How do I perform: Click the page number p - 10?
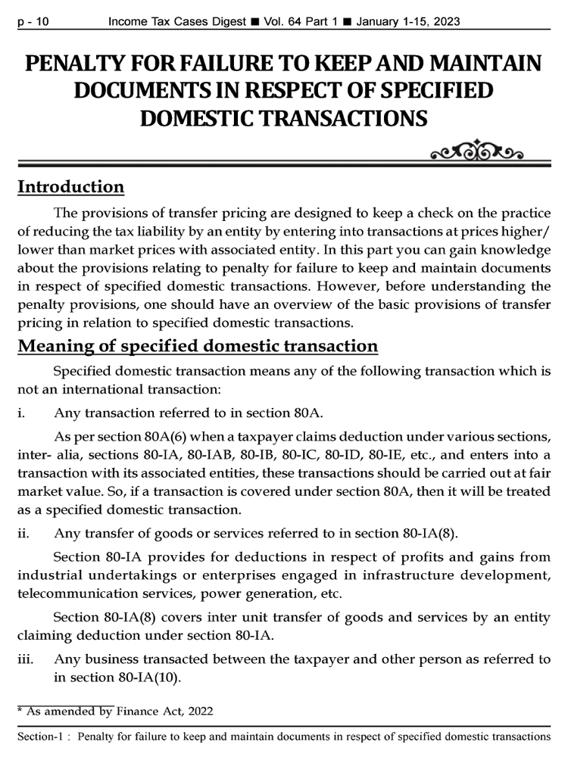point(33,22)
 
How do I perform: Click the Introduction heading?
point(70,186)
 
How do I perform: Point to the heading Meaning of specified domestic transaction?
point(197,347)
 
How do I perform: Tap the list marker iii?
point(26,659)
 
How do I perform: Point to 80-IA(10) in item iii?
point(149,677)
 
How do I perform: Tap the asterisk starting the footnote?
point(20,709)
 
